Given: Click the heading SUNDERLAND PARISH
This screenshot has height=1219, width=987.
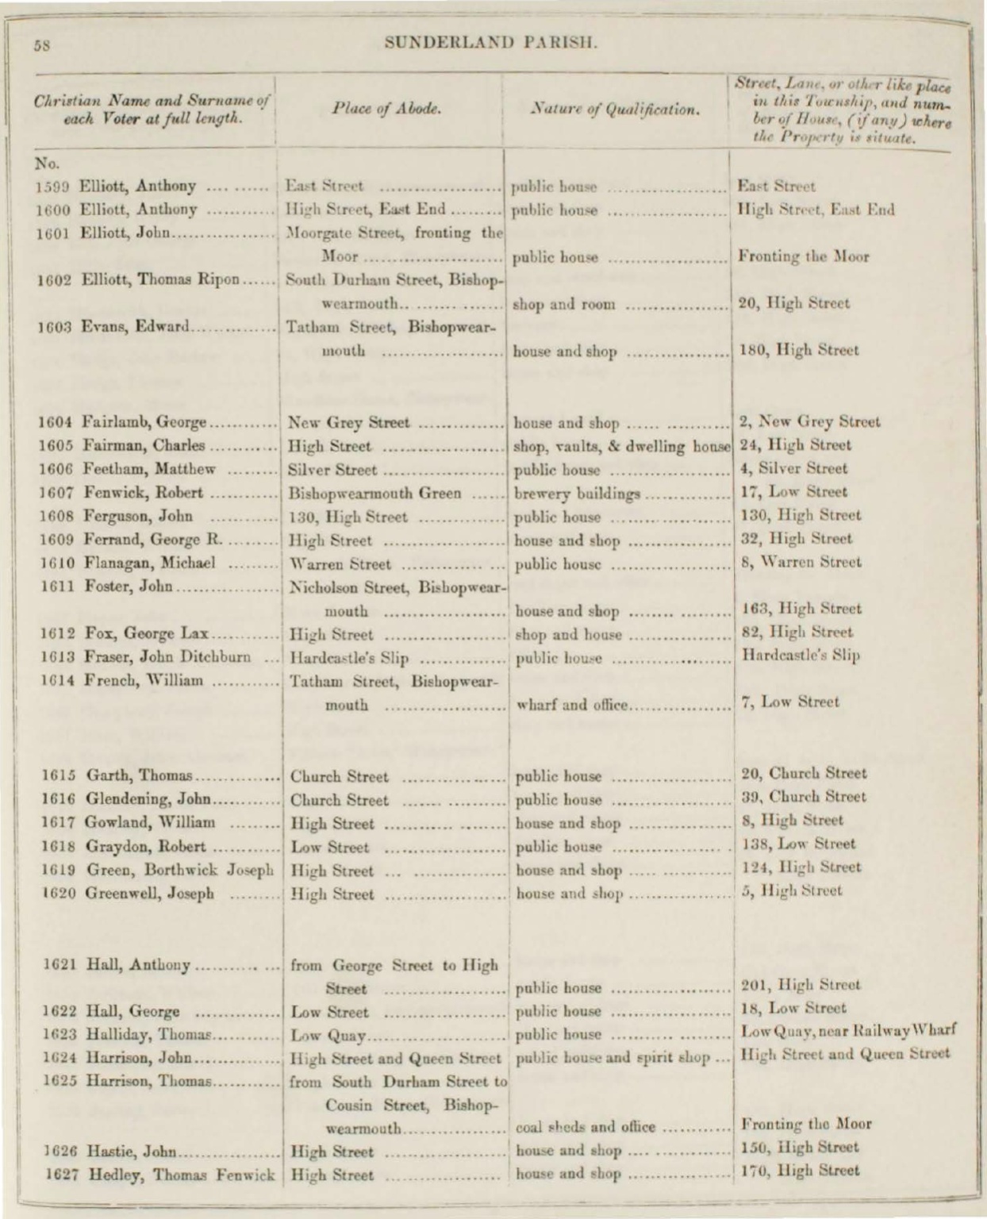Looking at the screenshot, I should pyautogui.click(x=490, y=42).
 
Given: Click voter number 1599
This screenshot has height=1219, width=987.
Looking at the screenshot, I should pyautogui.click(x=52, y=187).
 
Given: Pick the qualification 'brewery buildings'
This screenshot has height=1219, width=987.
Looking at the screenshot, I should pyautogui.click(x=577, y=493).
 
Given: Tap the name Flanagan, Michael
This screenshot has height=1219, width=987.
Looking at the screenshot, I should pyautogui.click(x=148, y=563).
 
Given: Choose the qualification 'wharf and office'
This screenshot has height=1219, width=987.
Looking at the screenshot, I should pyautogui.click(x=572, y=704).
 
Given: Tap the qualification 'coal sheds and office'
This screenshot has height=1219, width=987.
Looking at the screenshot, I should pyautogui.click(x=586, y=1126).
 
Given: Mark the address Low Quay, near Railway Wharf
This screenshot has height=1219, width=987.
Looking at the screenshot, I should pyautogui.click(x=847, y=1032).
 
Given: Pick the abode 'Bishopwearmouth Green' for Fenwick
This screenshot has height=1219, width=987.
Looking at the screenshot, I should pyautogui.click(x=374, y=493).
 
